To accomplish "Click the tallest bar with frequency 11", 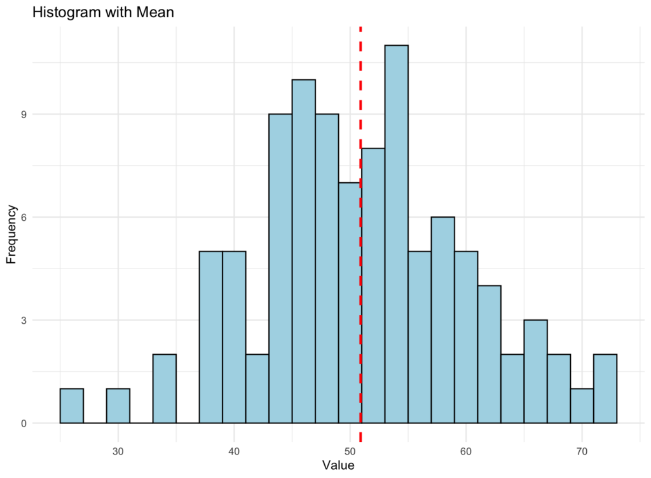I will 396,234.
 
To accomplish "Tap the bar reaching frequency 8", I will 373,286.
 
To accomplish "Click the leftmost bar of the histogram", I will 71,406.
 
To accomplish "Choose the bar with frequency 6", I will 442,320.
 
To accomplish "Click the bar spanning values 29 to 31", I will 118,406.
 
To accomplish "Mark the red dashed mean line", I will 360,95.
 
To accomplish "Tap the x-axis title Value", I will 338,465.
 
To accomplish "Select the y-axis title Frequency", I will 11,234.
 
